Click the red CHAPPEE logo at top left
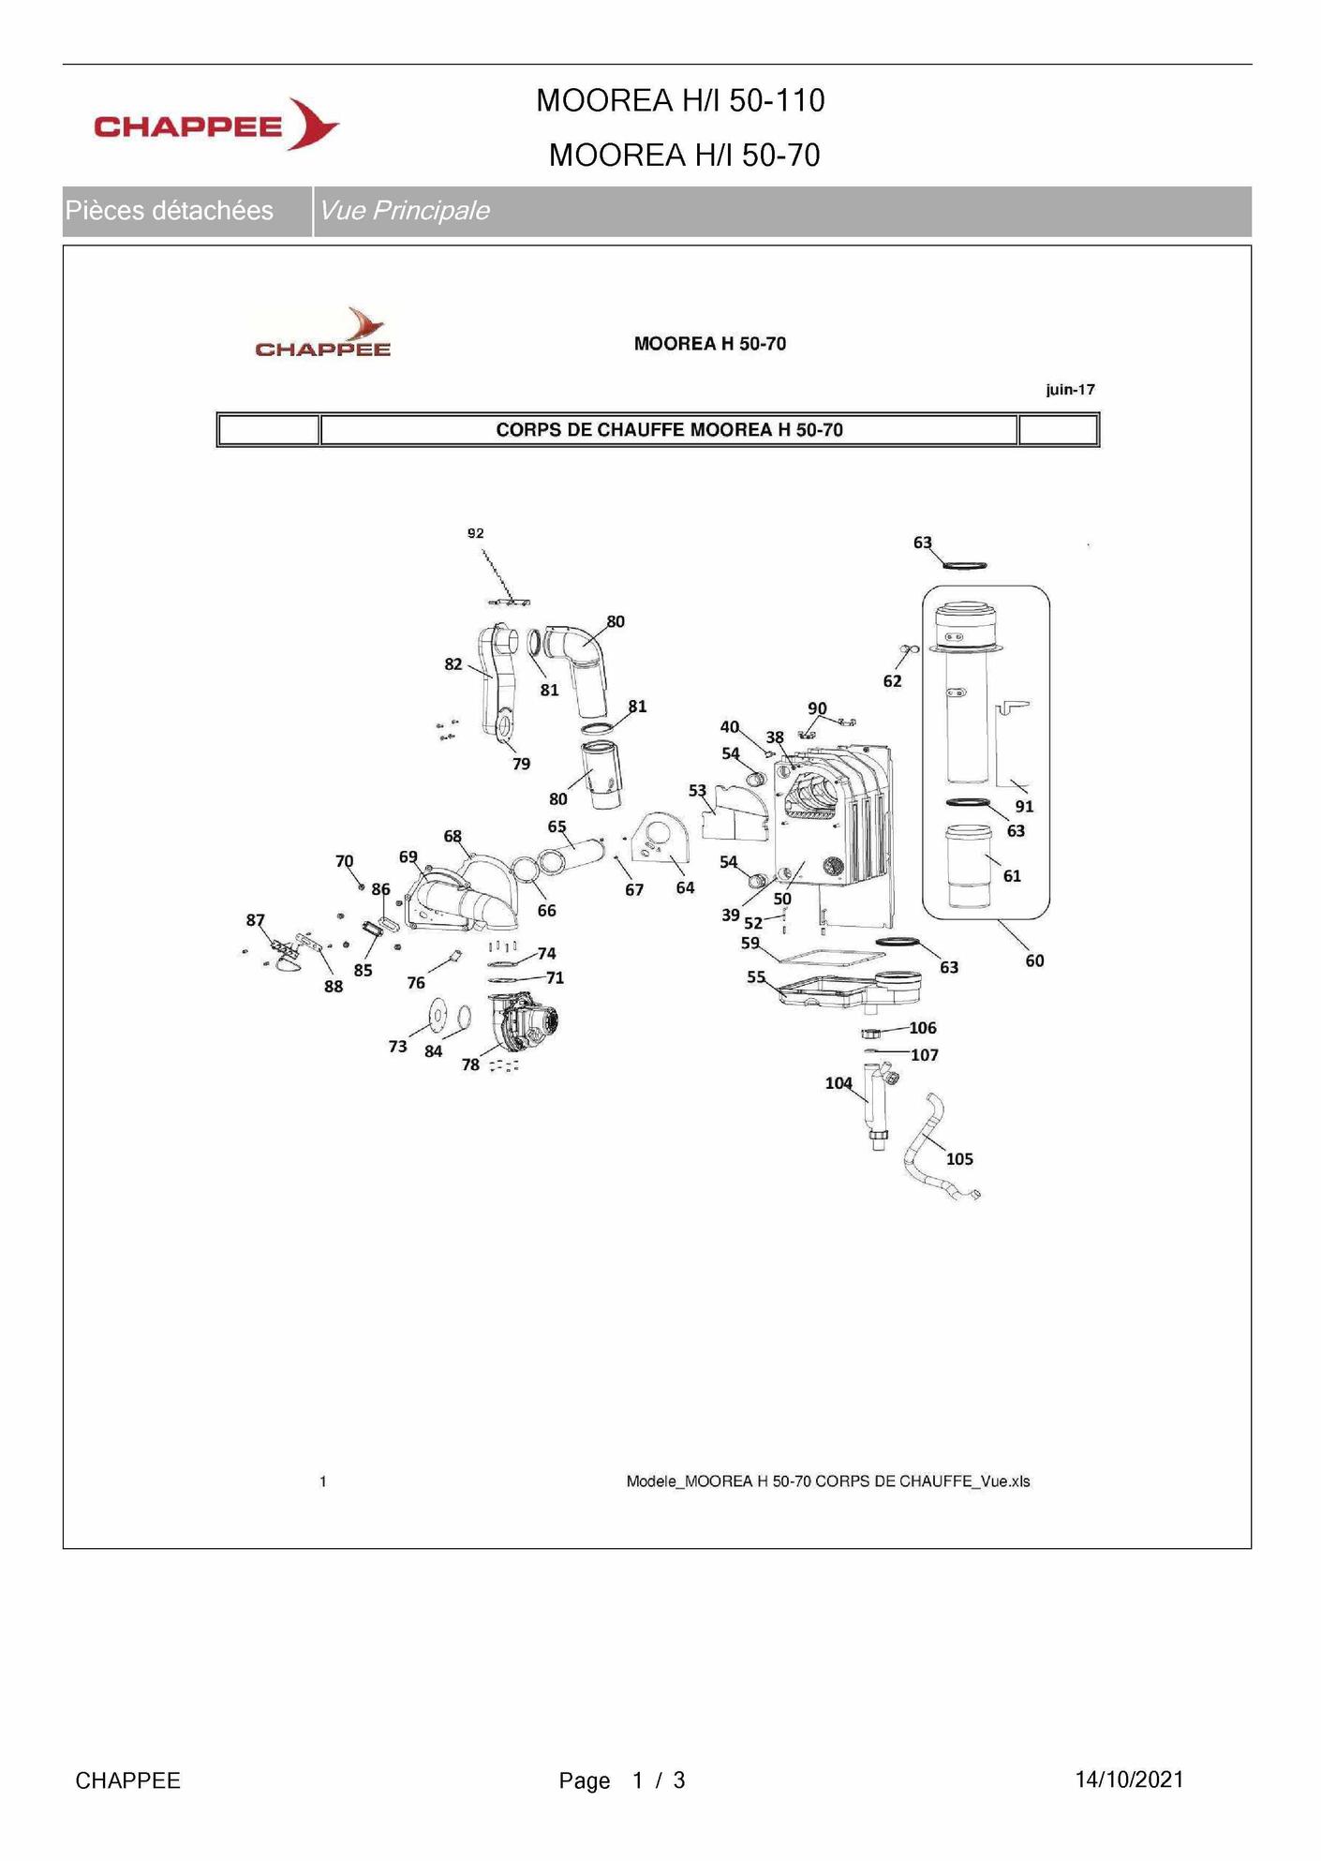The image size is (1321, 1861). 215,125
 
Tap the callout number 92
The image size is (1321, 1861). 476,533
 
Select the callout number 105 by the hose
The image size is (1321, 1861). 959,1159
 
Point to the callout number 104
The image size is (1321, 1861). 839,1083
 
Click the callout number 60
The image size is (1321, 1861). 1034,960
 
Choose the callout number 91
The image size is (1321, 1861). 1024,806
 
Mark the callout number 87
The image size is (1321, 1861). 256,920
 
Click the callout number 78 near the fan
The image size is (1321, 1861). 470,1064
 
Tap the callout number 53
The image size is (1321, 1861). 698,791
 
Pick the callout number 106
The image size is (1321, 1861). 923,1028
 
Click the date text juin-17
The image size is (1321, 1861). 1070,390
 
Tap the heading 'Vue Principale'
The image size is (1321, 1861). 404,211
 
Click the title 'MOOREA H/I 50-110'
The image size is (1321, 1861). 680,100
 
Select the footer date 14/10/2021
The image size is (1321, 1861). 1129,1779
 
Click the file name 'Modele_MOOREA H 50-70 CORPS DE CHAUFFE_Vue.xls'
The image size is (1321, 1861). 827,1481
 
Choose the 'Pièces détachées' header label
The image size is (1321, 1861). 170,211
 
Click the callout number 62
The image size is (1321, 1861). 892,681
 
